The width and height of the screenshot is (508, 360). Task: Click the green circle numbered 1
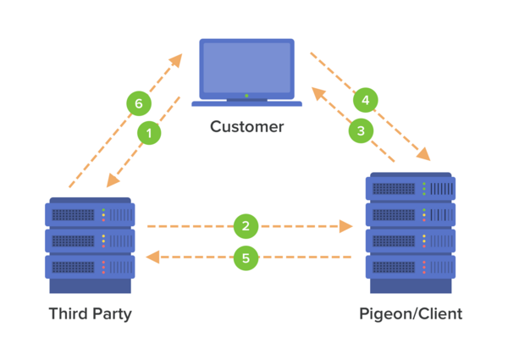click(x=149, y=132)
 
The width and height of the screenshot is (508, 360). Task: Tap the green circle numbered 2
click(x=246, y=226)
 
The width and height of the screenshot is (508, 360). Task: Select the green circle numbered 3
click(x=361, y=130)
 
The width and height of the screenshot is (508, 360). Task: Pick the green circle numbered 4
click(x=365, y=100)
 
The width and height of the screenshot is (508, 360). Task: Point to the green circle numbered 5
click(x=246, y=258)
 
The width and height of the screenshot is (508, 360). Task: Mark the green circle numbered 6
click(x=139, y=104)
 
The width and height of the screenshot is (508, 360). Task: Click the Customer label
click(x=246, y=127)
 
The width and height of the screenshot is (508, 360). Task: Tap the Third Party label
click(x=91, y=314)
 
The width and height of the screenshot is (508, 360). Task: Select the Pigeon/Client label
click(x=411, y=314)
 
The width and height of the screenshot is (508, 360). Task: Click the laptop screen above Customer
click(x=246, y=67)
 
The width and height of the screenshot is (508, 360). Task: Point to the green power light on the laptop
click(x=246, y=96)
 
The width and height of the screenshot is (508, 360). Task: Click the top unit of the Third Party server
click(x=90, y=214)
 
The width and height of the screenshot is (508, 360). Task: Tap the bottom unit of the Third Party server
click(x=90, y=267)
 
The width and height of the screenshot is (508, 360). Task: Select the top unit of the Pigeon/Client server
click(x=411, y=187)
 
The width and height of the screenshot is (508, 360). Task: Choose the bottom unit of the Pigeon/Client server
click(x=411, y=267)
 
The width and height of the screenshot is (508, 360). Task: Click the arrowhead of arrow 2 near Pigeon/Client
click(x=346, y=226)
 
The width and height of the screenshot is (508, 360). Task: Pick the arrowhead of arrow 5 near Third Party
click(x=152, y=256)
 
